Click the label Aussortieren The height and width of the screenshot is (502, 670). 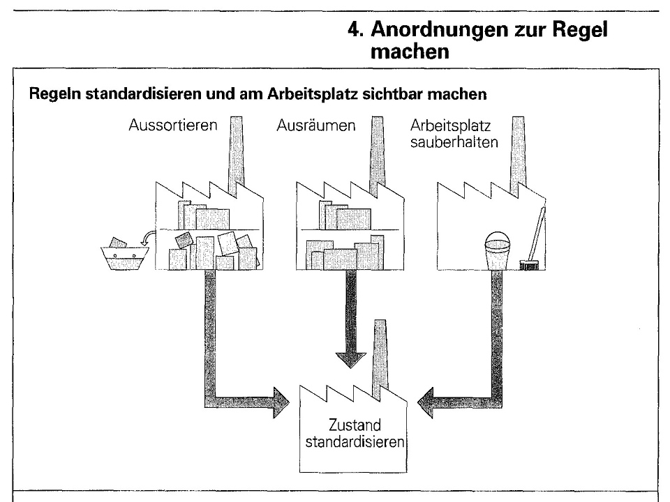click(x=172, y=127)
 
